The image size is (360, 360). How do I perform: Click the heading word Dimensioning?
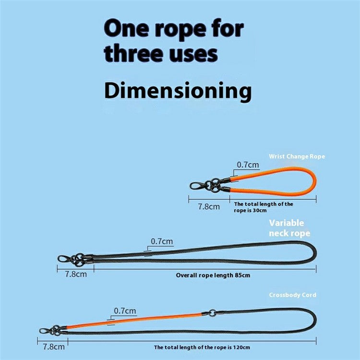tap(178, 91)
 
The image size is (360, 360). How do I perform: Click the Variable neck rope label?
tap(289, 228)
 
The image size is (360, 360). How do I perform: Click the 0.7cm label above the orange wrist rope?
tap(248, 165)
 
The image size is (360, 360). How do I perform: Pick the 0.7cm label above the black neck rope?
tap(162, 241)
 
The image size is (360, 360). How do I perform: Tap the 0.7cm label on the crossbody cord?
tap(124, 311)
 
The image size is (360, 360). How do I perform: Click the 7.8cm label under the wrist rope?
tap(209, 207)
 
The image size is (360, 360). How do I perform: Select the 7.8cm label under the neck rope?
tap(76, 275)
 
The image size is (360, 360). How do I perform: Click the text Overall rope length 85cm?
tap(213, 275)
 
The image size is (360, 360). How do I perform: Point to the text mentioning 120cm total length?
tap(202, 347)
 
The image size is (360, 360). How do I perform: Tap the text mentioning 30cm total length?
tap(264, 207)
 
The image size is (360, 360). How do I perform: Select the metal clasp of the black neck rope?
tap(64, 259)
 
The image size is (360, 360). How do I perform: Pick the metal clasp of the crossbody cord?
tap(46, 332)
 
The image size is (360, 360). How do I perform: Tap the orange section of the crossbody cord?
tap(139, 320)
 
